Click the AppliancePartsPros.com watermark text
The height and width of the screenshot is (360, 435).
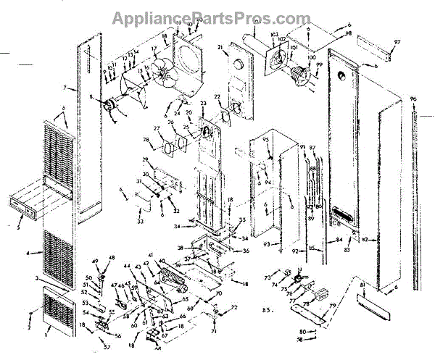pyautogui.click(x=217, y=15)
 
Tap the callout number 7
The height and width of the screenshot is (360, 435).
pyautogui.click(x=65, y=88)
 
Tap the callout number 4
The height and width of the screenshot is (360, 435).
pyautogui.click(x=28, y=253)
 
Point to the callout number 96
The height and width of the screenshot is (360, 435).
pyautogui.click(x=413, y=99)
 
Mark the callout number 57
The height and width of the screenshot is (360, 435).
pyautogui.click(x=106, y=347)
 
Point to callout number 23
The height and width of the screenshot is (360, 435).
pyautogui.click(x=204, y=104)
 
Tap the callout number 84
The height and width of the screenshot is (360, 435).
pyautogui.click(x=338, y=239)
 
